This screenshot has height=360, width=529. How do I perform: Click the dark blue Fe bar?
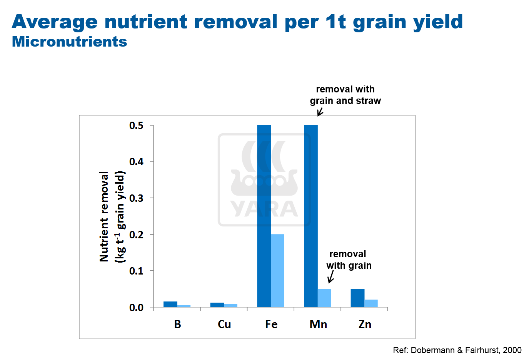point(264,216)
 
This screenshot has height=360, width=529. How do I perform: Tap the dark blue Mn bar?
point(311,216)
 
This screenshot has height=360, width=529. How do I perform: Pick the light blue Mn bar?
point(324,298)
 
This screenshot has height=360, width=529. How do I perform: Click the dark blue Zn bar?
point(357,298)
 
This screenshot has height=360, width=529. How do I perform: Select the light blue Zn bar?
point(371,303)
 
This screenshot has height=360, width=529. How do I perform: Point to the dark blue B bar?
point(170,304)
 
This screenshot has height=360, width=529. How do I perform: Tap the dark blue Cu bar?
point(217,305)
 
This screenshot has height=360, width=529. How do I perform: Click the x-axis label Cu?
point(224,324)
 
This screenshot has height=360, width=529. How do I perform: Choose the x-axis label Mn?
point(318,324)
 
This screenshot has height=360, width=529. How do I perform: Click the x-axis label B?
point(177,324)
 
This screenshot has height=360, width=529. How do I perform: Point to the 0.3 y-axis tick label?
point(136,198)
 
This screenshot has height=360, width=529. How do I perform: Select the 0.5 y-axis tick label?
point(136,126)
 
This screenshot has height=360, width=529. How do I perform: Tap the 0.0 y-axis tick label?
point(136,308)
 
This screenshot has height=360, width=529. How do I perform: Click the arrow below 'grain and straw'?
point(320,112)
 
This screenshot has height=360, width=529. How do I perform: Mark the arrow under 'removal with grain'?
point(330,277)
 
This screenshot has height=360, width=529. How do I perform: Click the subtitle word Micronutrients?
point(69,42)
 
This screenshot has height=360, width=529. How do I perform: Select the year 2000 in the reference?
point(512,350)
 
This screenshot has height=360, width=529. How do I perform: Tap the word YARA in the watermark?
point(264,209)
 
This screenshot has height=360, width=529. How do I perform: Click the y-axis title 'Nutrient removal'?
point(104,216)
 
